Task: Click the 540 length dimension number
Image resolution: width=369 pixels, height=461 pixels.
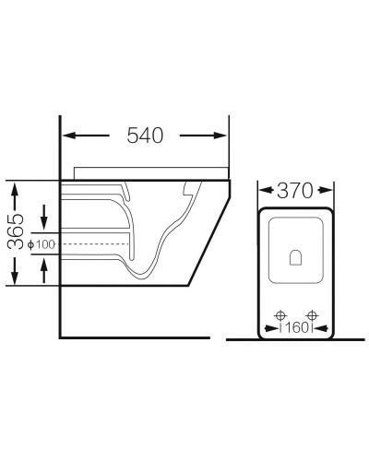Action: coord(145,136)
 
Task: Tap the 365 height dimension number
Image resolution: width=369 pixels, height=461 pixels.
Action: coord(16,231)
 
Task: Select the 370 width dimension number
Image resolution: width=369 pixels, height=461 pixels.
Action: coord(295,191)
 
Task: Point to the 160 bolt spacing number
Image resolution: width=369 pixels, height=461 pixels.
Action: coord(296,328)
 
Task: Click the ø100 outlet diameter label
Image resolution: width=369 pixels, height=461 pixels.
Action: coord(42,244)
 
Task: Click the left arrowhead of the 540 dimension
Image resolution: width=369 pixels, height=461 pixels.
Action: coord(69,136)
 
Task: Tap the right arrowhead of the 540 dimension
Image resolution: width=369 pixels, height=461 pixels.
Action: coord(220,136)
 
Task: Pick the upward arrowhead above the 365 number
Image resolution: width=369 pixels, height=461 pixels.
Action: coord(15,187)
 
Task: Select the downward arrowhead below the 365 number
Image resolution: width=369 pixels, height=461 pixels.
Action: coord(15,278)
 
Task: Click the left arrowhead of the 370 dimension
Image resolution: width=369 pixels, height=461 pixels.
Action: coord(263,190)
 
